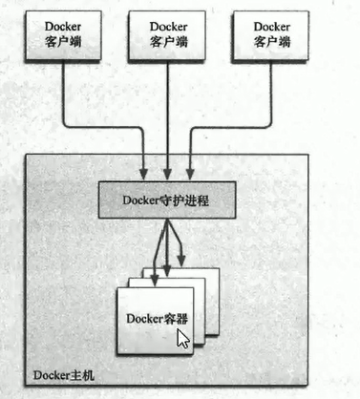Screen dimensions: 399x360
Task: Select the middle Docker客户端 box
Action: pos(169,35)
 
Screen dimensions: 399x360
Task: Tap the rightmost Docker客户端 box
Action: pos(273,35)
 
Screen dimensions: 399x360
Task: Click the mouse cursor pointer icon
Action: pos(183,339)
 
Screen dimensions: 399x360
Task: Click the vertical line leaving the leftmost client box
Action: pos(61,91)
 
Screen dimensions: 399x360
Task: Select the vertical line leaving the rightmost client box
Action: pos(271,91)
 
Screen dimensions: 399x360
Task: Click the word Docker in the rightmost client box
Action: pos(273,27)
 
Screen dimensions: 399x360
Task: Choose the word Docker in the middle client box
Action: pos(169,27)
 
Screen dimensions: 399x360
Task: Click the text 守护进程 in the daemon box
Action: pos(188,199)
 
